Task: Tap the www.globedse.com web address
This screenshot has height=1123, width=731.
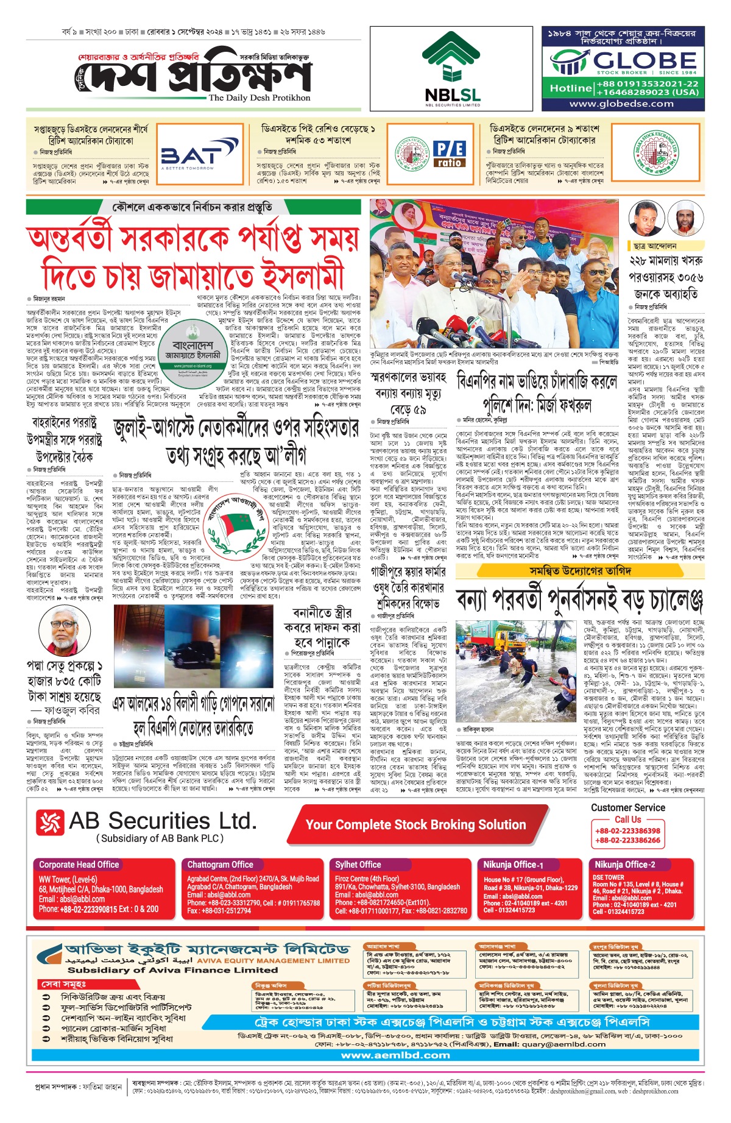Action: (x=621, y=104)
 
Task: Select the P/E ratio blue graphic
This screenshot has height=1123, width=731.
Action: (x=450, y=154)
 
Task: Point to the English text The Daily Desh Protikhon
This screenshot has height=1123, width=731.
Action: (x=260, y=97)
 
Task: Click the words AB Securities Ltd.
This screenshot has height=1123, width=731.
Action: (x=163, y=821)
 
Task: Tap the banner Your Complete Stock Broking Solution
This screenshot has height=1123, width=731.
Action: (x=415, y=825)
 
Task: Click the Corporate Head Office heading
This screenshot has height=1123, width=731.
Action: (x=79, y=865)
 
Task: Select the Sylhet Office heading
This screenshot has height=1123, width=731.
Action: (x=358, y=865)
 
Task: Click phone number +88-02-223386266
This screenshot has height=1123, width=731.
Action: (x=627, y=840)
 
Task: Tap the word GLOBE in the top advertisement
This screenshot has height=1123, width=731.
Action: (x=645, y=60)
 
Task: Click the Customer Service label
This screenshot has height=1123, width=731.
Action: (x=627, y=808)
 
